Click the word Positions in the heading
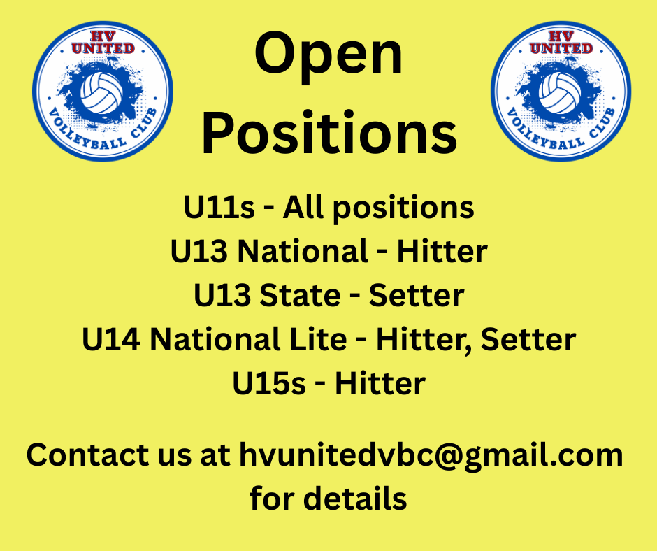[329, 131]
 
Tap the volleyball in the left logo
[102, 93]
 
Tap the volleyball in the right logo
[560, 93]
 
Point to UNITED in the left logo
[103, 48]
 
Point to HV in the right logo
[561, 36]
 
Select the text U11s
[219, 207]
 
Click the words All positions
[378, 208]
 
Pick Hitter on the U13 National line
[442, 251]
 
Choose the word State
[300, 295]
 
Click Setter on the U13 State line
[417, 295]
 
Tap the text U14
[111, 339]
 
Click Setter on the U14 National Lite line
[528, 339]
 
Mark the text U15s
[269, 383]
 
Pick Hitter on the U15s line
[380, 383]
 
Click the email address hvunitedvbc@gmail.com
[431, 456]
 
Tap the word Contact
[87, 455]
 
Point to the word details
[355, 499]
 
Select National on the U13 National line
[303, 251]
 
